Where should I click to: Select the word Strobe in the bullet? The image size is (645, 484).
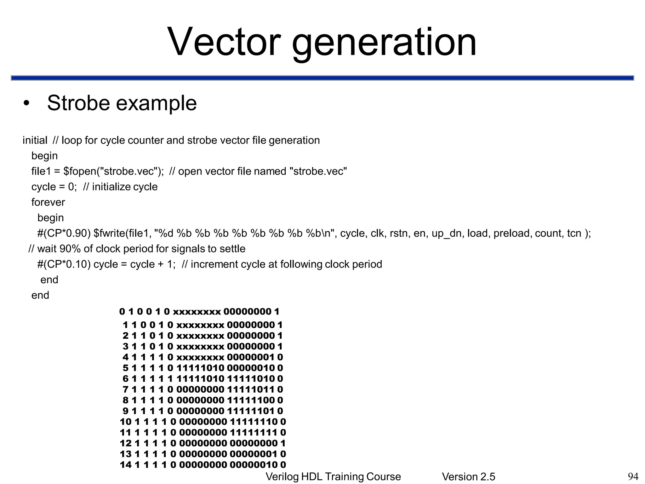click(x=78, y=103)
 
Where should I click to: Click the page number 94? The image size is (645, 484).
click(x=633, y=476)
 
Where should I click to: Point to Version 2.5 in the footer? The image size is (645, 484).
click(x=468, y=477)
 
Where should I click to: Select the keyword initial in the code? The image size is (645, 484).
click(x=35, y=140)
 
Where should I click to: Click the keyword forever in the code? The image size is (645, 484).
click(x=48, y=202)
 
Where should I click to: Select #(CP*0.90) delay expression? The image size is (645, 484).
click(x=64, y=233)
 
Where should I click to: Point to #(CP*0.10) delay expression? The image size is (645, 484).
click(x=64, y=264)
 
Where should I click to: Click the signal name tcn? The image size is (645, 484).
click(x=574, y=233)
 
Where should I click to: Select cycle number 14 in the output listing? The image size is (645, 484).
click(x=125, y=465)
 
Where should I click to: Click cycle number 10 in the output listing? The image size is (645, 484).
click(x=125, y=422)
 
